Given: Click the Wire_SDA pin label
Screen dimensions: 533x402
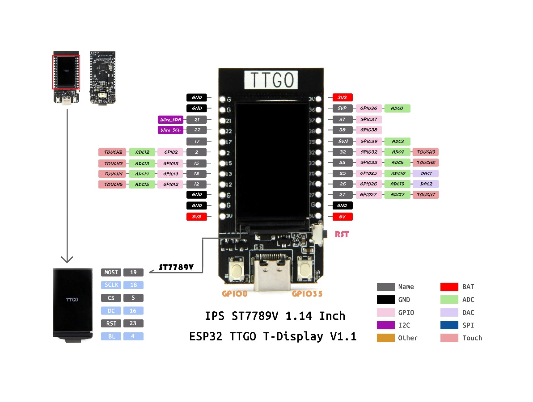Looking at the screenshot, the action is [x=171, y=120].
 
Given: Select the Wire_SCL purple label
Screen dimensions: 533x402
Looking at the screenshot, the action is [x=171, y=130].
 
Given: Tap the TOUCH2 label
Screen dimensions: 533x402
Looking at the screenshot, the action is [x=113, y=152].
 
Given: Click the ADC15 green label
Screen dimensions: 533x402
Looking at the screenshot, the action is [x=142, y=184].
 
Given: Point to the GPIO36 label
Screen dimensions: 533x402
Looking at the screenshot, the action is [x=369, y=108].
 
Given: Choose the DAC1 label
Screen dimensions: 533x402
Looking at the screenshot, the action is [x=426, y=173].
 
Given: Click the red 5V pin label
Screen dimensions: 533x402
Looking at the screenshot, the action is [x=343, y=217].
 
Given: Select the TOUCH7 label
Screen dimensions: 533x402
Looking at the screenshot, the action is [x=426, y=195].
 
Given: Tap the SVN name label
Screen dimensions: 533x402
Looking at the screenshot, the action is [x=343, y=141].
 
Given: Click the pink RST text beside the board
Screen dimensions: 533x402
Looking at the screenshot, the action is [x=342, y=234].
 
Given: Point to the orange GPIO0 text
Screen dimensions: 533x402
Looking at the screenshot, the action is [x=235, y=294].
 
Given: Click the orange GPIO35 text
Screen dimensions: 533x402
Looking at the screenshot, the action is [x=307, y=294].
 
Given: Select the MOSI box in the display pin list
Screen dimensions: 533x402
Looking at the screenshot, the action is [x=111, y=272].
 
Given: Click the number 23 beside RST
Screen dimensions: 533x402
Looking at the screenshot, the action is [x=133, y=323].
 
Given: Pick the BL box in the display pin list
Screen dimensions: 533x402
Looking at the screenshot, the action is [x=111, y=336].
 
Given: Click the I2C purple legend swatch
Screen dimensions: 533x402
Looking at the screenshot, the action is [x=386, y=325].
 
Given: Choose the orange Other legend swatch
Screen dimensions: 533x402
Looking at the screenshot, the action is [x=386, y=338].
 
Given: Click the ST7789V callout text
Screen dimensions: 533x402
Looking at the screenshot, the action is [x=176, y=268].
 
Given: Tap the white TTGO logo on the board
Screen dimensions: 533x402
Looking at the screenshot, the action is [x=271, y=80].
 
